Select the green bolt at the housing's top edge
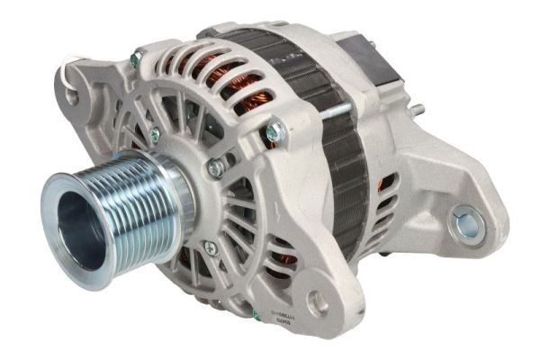(135, 60)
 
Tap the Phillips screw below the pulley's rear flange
(210, 247)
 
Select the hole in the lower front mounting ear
(318, 303)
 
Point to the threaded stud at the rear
(416, 111)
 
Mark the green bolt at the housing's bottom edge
(256, 316)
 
